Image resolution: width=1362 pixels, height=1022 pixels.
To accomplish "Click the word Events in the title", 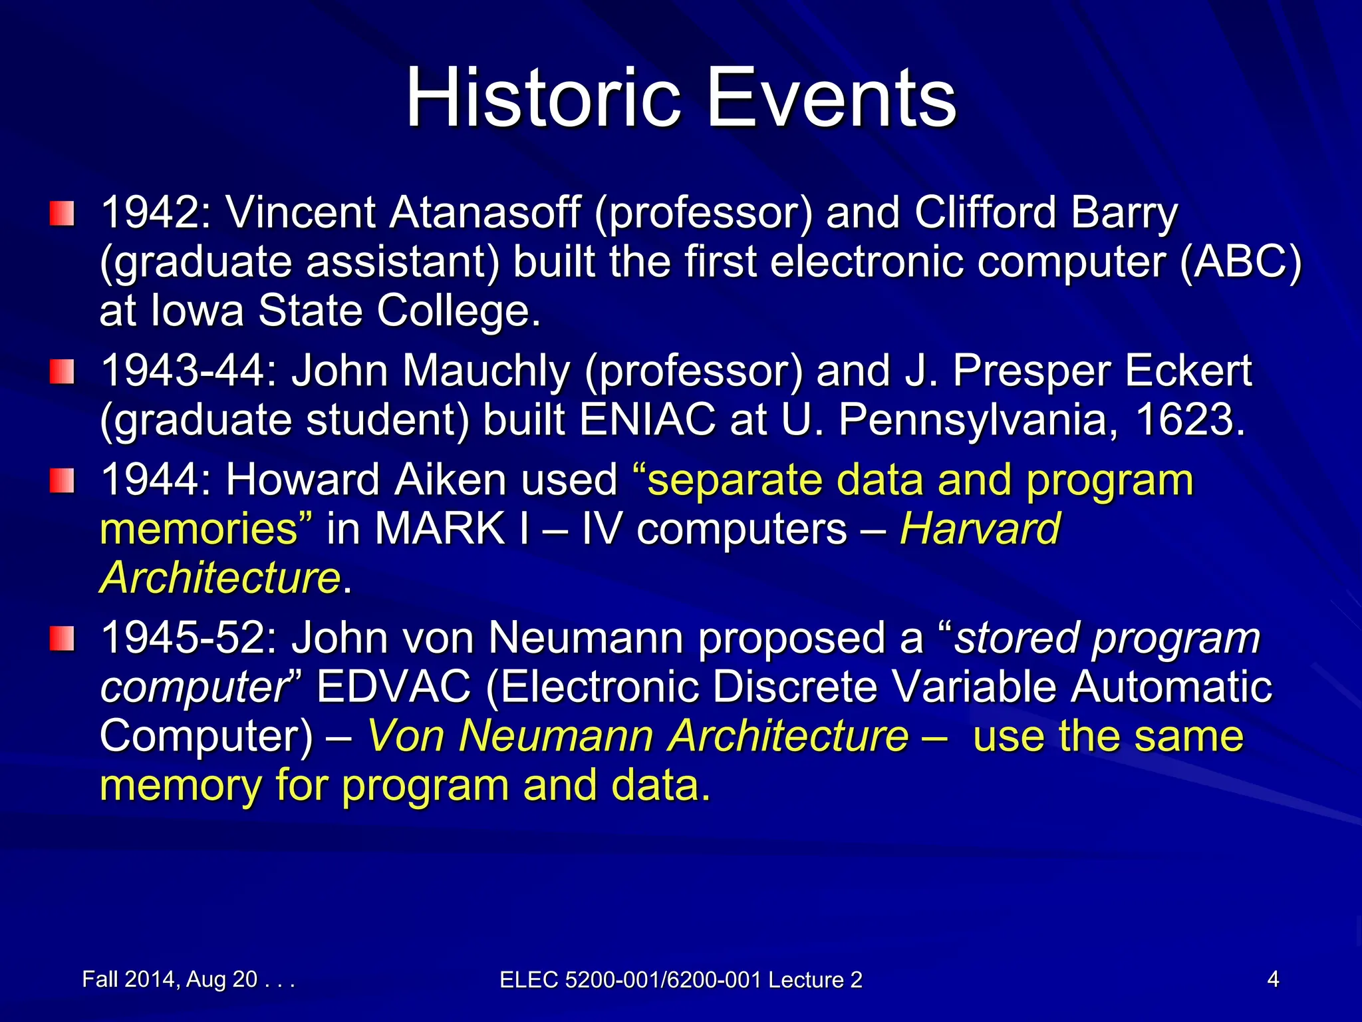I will coord(831,98).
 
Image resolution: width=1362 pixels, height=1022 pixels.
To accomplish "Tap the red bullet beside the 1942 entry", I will coord(61,214).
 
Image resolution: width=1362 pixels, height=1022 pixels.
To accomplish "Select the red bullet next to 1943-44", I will coord(61,371).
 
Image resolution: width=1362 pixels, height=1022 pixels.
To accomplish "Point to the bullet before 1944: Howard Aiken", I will coord(61,480).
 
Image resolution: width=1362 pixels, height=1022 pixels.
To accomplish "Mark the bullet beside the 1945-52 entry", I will coord(61,638).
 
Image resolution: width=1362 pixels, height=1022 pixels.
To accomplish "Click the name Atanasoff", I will coord(485,213).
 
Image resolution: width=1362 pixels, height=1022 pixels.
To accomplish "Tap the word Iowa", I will coord(198,311).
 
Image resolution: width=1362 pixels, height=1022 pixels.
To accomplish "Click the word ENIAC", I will coord(647,420).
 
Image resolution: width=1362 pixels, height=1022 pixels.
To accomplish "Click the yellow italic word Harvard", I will coord(980,529).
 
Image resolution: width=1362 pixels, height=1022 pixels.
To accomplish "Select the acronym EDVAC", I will coord(394,687).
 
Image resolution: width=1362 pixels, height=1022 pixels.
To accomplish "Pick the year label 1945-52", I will coord(188,638).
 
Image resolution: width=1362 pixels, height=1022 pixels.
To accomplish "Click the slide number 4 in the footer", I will coord(1273,979).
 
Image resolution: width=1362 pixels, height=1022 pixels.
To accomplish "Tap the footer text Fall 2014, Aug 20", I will coord(170,979).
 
